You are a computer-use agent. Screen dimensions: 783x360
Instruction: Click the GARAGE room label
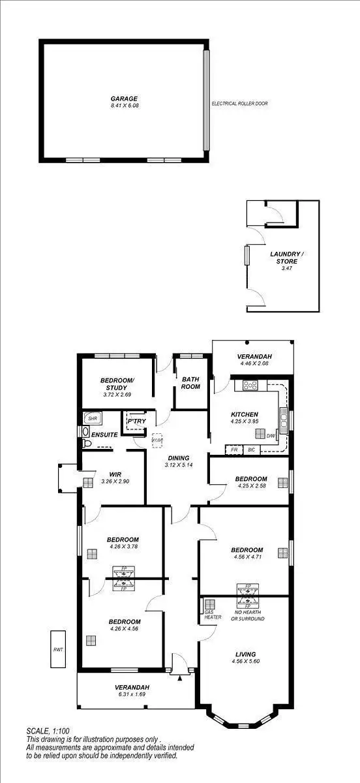123,99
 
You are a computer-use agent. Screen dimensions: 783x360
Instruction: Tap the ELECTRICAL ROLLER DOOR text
239,104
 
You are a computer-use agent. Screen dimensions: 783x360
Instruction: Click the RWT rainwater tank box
59,650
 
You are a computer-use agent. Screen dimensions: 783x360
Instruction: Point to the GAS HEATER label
213,613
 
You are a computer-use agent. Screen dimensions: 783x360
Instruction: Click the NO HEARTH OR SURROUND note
247,615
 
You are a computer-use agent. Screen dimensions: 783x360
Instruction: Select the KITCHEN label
245,414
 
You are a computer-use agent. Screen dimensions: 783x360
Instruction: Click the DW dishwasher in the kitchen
271,435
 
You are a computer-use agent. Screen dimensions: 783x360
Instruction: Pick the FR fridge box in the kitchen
233,450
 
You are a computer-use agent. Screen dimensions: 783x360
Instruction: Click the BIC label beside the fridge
252,450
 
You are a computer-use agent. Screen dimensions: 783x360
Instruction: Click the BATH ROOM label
190,383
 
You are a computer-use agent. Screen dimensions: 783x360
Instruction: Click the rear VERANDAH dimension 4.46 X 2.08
255,363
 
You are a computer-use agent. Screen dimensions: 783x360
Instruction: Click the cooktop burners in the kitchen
250,386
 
